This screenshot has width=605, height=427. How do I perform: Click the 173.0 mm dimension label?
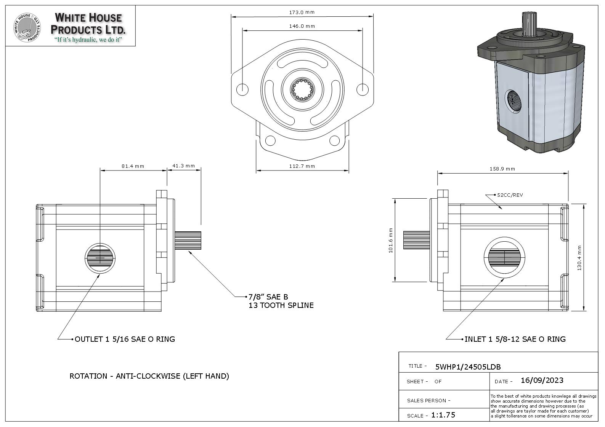[302, 12]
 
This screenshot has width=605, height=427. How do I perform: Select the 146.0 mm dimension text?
[302, 26]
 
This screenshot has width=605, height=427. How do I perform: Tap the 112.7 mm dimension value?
[302, 166]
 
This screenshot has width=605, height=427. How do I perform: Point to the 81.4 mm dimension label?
[133, 166]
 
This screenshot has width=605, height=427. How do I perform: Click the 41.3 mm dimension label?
[183, 166]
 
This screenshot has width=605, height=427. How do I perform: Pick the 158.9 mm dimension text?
[502, 169]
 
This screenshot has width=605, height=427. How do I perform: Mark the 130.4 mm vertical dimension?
[579, 258]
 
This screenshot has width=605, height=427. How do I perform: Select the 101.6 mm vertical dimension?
[391, 240]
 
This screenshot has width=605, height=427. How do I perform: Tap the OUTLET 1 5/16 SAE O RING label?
[125, 339]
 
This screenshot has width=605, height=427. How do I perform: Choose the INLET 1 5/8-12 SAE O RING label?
[515, 339]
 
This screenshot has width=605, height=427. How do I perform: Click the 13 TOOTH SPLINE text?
[281, 306]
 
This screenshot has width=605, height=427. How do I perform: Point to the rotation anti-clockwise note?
[149, 376]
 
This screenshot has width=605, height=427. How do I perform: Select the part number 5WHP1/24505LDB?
[468, 367]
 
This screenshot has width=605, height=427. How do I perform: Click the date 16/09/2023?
[542, 381]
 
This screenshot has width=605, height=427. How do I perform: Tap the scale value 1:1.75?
[443, 415]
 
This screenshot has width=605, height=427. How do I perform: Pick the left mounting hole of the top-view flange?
[242, 89]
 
